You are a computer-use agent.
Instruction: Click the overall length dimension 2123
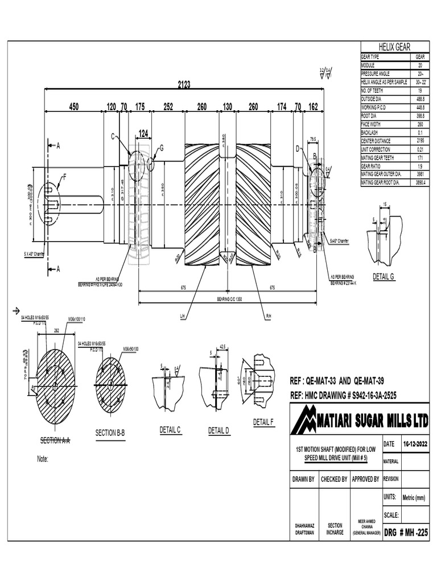coord(183,85)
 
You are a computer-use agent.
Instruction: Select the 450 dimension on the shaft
coord(74,106)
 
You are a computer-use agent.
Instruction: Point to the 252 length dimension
coord(168,106)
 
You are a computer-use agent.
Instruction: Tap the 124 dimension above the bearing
coord(143,133)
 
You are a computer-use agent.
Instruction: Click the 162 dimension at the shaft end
coord(313,106)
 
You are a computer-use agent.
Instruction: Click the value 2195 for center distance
coord(420,140)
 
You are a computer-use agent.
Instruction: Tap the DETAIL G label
coord(383,276)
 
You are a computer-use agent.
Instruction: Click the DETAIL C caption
coord(170,430)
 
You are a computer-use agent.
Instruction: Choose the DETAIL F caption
coord(263,422)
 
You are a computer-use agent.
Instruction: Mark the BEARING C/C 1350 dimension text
coord(229,299)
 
